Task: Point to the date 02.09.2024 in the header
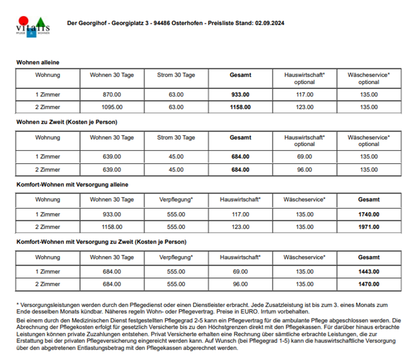[270, 23]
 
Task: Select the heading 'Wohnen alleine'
[38, 62]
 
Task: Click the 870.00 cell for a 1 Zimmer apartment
[112, 94]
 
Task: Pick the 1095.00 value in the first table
[112, 107]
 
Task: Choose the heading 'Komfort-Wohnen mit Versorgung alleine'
[72, 184]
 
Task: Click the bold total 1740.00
[369, 214]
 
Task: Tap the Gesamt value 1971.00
[369, 227]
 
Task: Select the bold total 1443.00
[369, 272]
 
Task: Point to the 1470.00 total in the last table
[369, 284]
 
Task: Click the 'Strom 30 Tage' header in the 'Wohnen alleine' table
[176, 75]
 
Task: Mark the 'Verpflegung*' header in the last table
[176, 258]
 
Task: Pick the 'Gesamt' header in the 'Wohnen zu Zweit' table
[240, 138]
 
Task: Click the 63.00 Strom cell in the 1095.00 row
[176, 107]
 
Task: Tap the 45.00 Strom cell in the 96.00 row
[176, 169]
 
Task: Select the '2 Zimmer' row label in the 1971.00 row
[48, 227]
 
